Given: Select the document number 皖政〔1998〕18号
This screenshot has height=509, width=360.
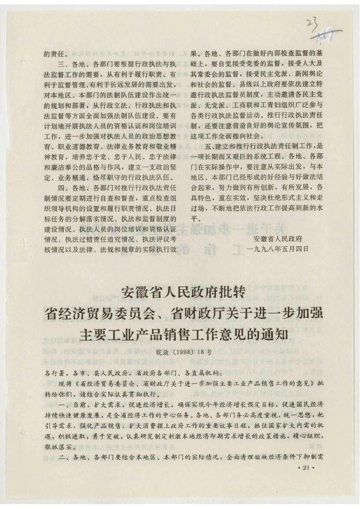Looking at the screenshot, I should (180, 352).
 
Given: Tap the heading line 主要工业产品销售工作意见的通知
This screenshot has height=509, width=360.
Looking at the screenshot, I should (180, 333).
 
